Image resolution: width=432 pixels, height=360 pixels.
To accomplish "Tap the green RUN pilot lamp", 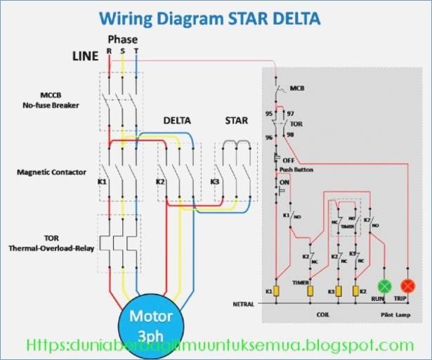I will (384, 286).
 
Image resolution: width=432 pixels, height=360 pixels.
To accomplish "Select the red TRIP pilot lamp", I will (407, 286).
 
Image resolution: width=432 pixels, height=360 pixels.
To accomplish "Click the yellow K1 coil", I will (277, 290).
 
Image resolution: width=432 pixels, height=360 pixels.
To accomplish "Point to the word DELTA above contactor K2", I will (177, 120).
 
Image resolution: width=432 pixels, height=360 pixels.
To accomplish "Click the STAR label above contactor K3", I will (236, 120).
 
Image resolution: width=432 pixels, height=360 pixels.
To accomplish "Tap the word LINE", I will (85, 56).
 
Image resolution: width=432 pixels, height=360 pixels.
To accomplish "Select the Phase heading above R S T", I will (122, 39).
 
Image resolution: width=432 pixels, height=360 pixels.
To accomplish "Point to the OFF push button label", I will (288, 160).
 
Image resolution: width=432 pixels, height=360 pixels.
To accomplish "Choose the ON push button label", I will (284, 183).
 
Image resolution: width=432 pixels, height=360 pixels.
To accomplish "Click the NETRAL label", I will (243, 304).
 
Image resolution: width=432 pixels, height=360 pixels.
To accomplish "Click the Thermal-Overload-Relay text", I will (50, 248).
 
